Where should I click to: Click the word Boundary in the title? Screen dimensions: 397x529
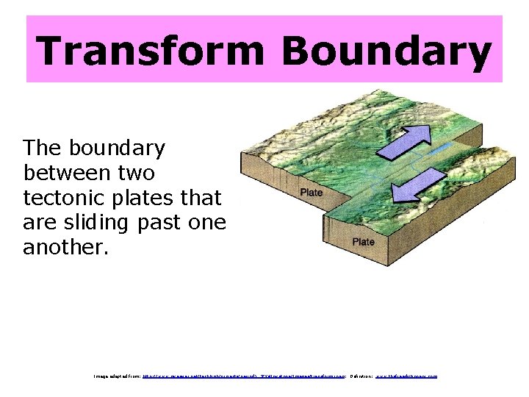386,51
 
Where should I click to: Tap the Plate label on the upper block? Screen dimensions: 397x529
311,193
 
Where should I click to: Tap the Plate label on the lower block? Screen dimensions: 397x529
363,242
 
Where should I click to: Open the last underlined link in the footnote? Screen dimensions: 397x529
406,376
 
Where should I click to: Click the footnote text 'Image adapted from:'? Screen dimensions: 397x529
117,376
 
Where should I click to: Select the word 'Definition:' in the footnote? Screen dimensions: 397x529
361,376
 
